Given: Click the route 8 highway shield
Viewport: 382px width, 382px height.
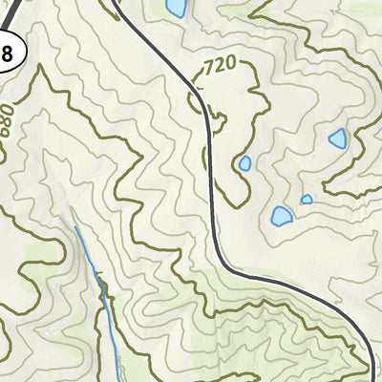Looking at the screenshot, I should coord(6,54).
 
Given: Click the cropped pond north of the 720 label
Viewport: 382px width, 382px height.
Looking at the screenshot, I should coord(176,8).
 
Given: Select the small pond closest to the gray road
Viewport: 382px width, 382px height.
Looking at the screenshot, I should coord(244,163).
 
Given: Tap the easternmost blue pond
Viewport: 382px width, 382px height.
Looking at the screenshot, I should coord(337,139).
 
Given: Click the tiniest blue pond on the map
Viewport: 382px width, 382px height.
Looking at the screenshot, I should coord(307,200).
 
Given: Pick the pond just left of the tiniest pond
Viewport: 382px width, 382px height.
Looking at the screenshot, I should coord(281,216).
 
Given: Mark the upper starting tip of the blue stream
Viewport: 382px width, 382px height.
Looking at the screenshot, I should coord(75,227).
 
